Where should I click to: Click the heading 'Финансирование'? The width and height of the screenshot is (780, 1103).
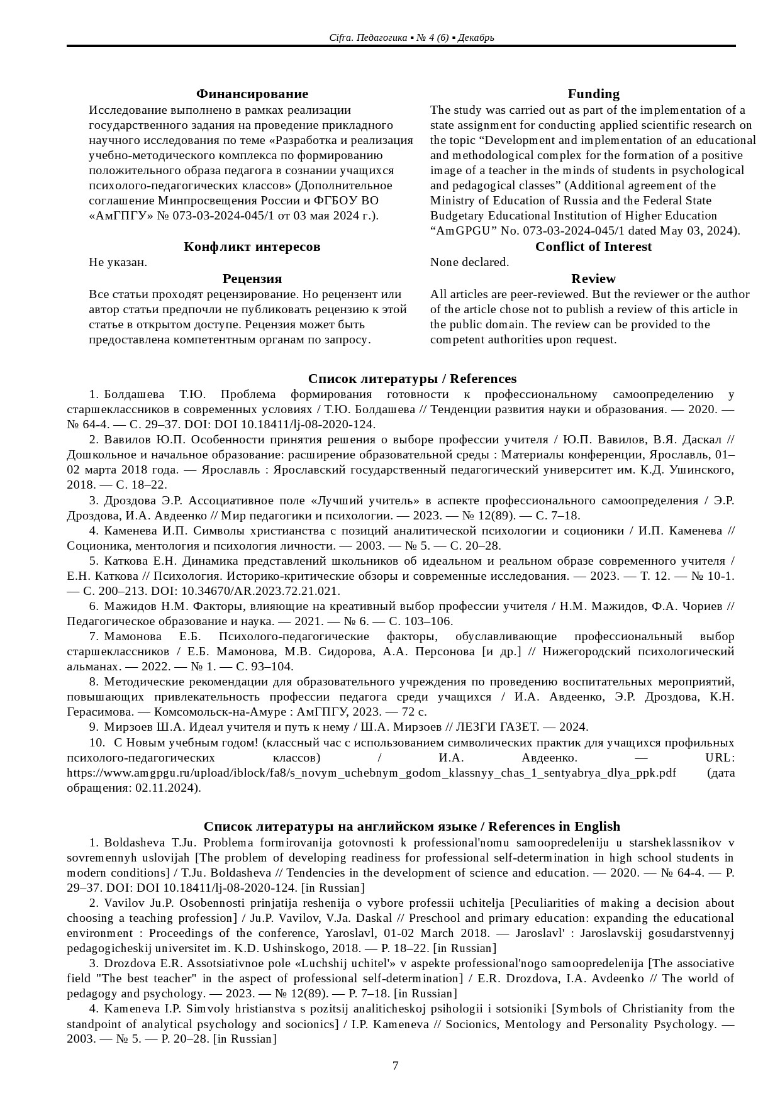[252, 94]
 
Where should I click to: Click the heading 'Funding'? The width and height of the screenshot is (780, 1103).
[593, 94]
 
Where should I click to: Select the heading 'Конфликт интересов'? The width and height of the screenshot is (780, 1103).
[252, 247]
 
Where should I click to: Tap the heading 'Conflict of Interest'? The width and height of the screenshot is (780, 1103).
[593, 247]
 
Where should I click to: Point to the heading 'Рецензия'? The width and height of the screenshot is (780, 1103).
[252, 279]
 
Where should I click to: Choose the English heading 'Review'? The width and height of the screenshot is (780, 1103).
[593, 279]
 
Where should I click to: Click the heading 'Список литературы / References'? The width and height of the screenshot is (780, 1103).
[412, 379]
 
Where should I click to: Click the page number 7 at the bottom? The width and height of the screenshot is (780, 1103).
[395, 1065]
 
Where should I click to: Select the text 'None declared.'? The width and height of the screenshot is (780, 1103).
[469, 262]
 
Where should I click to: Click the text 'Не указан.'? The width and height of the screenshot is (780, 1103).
[118, 262]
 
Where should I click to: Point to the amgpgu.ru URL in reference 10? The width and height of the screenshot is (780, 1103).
[371, 772]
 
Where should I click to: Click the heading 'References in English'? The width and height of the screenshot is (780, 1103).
[554, 826]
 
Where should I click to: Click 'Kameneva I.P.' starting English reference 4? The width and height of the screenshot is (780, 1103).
[133, 1009]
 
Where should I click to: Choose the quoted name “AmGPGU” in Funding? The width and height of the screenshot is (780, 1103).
[459, 231]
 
